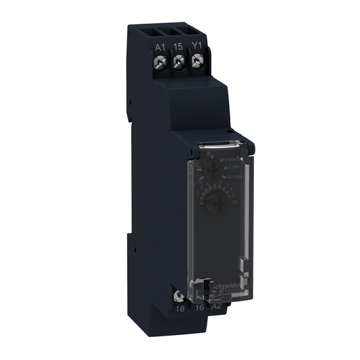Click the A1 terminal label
click(x=159, y=47)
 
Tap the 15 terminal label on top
click(x=179, y=47)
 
